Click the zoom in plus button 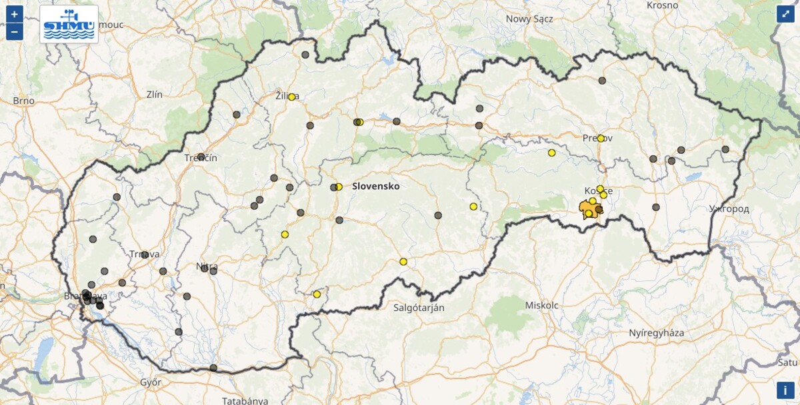(x=15, y=14)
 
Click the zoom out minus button (x=15, y=31)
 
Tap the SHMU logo (x=69, y=24)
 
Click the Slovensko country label (x=376, y=187)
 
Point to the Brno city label (x=23, y=101)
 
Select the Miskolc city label (x=542, y=305)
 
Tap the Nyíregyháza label (x=656, y=332)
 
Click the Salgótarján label (x=419, y=308)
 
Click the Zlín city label (x=154, y=95)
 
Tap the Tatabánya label (x=245, y=400)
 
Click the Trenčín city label (x=201, y=159)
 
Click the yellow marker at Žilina (x=291, y=97)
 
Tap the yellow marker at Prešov (x=601, y=139)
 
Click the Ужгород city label (x=729, y=209)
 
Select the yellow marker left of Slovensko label (x=339, y=187)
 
